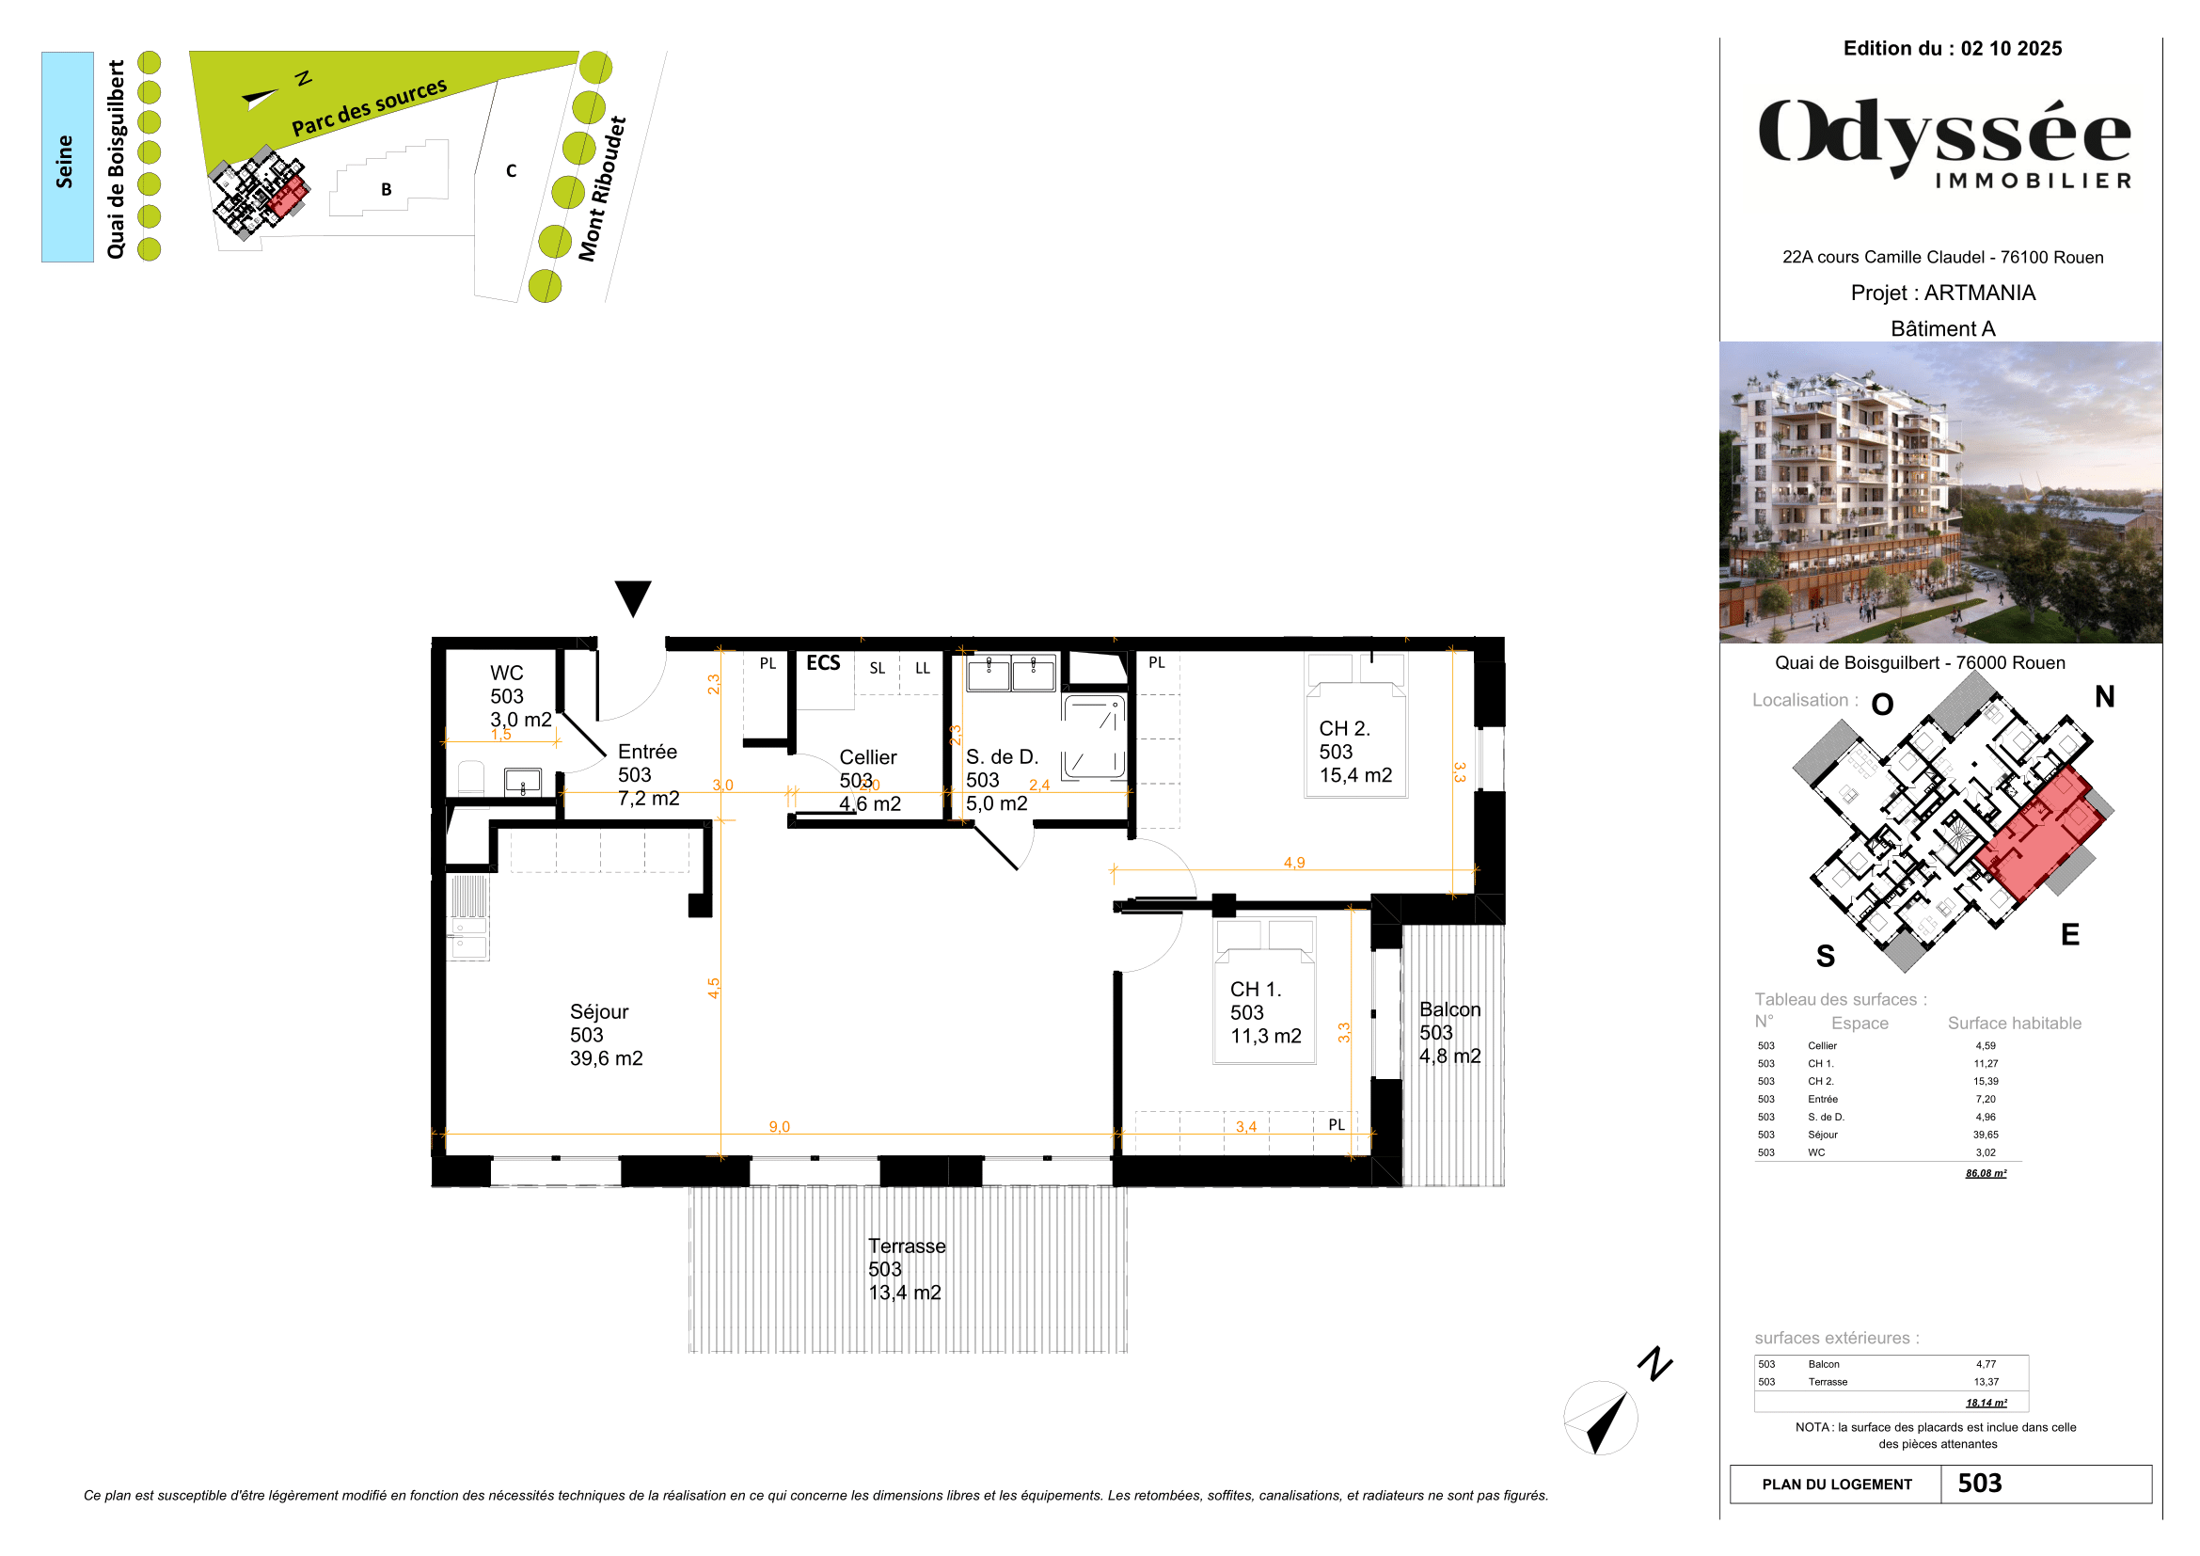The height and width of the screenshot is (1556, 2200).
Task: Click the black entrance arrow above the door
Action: [x=632, y=597]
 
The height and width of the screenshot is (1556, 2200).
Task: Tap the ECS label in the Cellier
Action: [x=822, y=663]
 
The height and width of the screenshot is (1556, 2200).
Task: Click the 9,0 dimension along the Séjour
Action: [x=779, y=1127]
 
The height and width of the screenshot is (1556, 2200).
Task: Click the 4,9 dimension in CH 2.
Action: [x=1293, y=863]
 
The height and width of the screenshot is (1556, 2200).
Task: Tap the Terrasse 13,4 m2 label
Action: [x=906, y=1268]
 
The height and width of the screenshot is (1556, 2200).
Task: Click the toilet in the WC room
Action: [x=470, y=778]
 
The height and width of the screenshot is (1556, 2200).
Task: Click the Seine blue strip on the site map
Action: [x=67, y=157]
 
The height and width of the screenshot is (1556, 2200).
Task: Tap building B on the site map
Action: [x=387, y=189]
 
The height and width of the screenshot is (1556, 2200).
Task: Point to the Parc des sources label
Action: [x=369, y=107]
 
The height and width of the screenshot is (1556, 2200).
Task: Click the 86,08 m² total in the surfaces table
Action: [x=1986, y=1173]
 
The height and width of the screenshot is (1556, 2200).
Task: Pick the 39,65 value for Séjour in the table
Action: [x=1986, y=1135]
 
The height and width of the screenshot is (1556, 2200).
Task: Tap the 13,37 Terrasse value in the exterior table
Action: [x=1986, y=1382]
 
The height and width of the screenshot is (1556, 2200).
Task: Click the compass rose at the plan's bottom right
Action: [x=1600, y=1418]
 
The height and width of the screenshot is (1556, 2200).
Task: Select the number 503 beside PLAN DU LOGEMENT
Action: [x=1980, y=1484]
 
